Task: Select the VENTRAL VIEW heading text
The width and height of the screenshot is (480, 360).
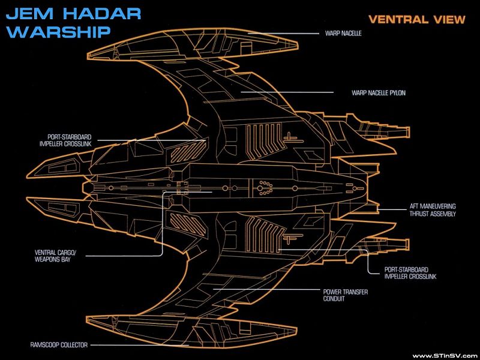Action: coord(416,19)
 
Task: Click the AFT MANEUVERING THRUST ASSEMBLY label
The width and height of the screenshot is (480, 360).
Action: coord(433,210)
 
